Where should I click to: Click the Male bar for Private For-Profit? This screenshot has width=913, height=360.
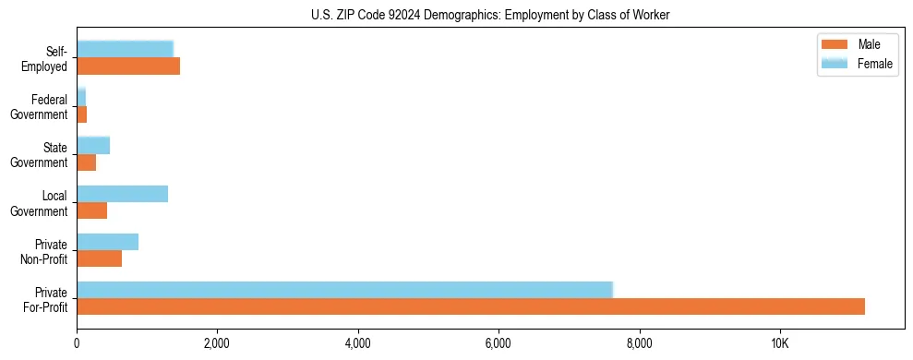click(471, 306)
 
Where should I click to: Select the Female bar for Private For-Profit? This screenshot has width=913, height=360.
click(344, 290)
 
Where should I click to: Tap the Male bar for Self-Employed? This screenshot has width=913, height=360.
click(128, 66)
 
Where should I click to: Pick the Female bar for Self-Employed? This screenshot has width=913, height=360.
click(125, 49)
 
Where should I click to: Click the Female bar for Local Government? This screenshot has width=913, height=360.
click(122, 194)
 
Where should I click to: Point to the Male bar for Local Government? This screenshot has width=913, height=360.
click(91, 210)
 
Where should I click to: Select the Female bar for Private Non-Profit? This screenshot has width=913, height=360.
click(107, 242)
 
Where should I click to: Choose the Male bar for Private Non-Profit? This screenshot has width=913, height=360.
click(99, 258)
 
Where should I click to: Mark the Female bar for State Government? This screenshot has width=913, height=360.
click(93, 146)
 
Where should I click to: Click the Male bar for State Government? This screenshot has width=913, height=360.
click(86, 162)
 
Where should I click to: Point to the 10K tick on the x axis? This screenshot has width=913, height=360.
click(779, 343)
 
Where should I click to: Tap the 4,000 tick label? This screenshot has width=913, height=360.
click(357, 343)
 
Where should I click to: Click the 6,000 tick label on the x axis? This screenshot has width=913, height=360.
click(498, 343)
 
